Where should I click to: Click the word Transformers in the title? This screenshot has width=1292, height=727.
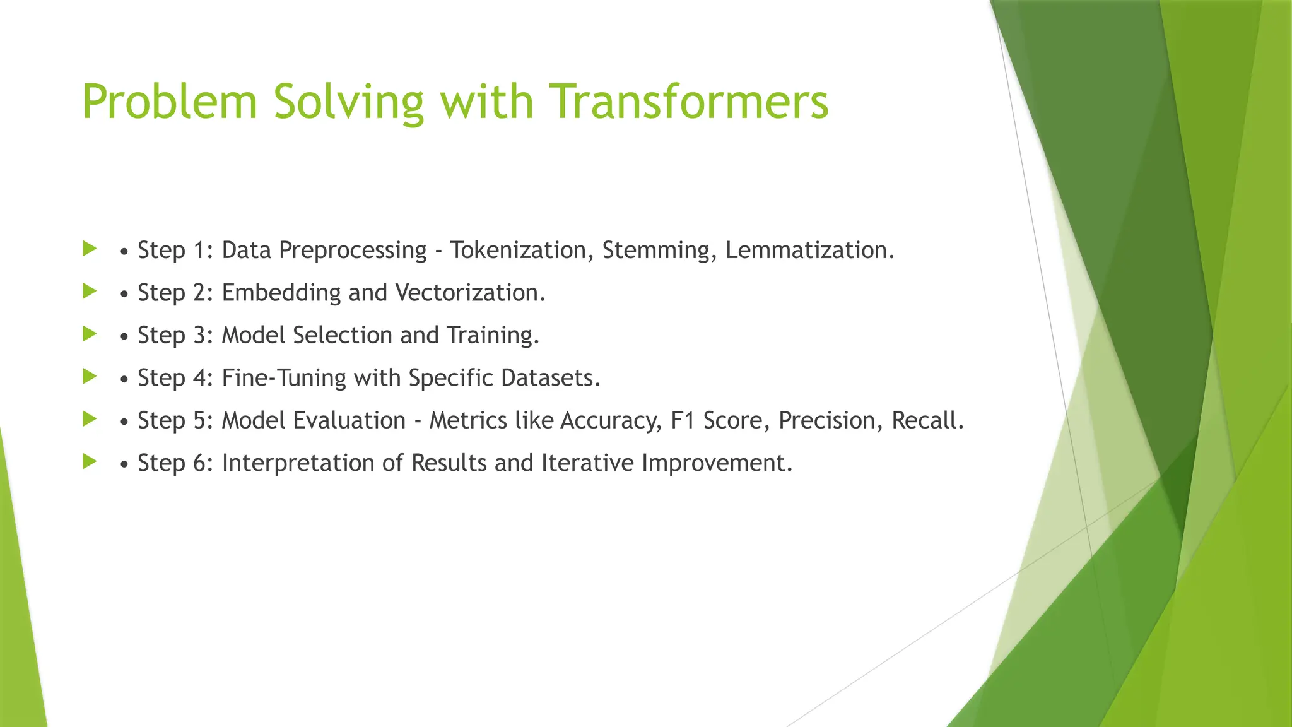click(688, 102)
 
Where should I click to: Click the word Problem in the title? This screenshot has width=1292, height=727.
click(170, 102)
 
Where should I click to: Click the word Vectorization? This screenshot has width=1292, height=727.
click(469, 293)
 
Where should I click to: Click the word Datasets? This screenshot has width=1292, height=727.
click(549, 378)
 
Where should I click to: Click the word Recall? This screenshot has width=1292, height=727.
click(927, 420)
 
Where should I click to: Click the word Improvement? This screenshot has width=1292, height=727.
click(716, 463)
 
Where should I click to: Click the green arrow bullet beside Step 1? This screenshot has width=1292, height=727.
click(90, 248)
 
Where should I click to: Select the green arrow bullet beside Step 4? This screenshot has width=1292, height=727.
click(90, 376)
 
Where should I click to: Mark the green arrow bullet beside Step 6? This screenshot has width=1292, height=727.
click(90, 461)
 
